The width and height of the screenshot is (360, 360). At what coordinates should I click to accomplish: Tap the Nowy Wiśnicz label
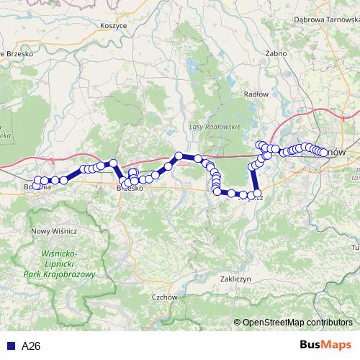click(x=53, y=230)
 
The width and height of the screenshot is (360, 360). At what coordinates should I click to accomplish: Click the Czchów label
click(x=165, y=297)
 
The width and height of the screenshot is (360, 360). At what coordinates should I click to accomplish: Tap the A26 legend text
click(x=31, y=346)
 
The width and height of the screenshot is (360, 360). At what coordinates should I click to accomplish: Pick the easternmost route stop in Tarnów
click(x=325, y=152)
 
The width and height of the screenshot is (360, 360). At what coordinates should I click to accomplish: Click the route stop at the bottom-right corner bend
click(x=257, y=194)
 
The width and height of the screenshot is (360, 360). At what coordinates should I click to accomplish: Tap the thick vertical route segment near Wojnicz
click(x=254, y=180)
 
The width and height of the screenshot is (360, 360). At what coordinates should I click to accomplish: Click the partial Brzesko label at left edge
click(x=16, y=53)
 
